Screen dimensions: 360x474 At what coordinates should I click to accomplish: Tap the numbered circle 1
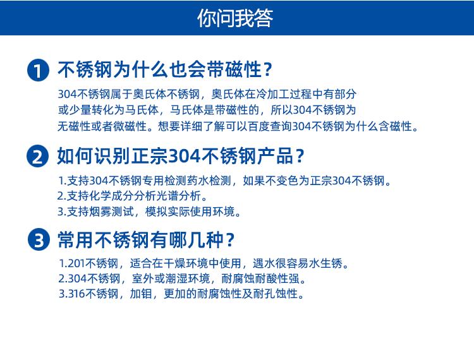38,70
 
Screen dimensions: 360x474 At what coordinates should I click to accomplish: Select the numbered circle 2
38,156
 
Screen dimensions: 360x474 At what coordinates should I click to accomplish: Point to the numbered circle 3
38,241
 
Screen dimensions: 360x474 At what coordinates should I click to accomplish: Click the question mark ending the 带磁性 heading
268,69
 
